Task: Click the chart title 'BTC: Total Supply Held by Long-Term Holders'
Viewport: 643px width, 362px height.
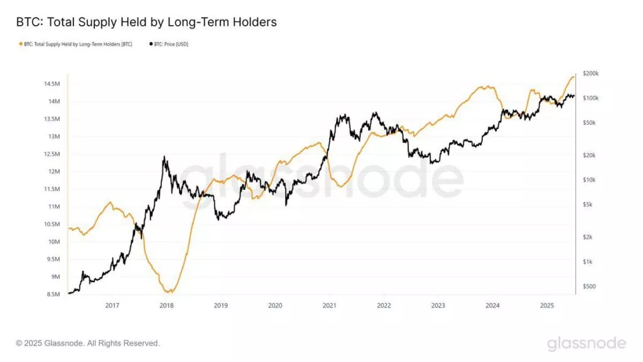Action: tap(146, 22)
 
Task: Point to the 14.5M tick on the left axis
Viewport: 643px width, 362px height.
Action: tap(51, 84)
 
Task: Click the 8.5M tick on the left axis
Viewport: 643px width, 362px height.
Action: tap(51, 294)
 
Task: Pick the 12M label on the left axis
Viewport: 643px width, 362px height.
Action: tap(53, 172)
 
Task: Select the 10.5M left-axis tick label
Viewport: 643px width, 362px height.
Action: tap(51, 224)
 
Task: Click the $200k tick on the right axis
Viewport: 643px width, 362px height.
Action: tap(591, 74)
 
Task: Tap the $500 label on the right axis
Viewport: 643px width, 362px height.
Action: tap(590, 287)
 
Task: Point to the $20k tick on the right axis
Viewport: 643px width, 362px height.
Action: tap(590, 155)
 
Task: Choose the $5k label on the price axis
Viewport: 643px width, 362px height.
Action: tap(588, 204)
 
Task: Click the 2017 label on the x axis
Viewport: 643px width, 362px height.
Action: tap(112, 305)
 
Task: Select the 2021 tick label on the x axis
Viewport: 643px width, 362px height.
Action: tap(330, 305)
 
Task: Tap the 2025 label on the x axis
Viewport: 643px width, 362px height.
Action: tap(546, 305)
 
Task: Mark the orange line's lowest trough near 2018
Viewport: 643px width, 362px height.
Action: tap(168, 292)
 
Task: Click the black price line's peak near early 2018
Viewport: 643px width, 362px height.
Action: tap(164, 157)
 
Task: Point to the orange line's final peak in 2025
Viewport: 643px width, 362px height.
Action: tap(573, 76)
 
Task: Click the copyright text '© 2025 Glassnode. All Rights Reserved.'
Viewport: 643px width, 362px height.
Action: tap(88, 343)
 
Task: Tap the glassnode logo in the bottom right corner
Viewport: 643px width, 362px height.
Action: tap(586, 343)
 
